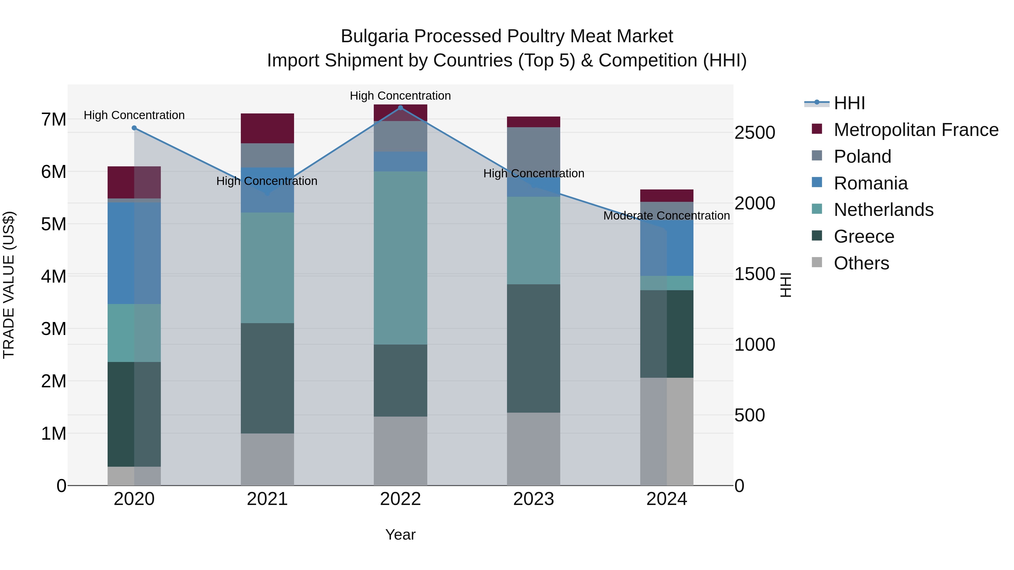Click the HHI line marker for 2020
(x=134, y=128)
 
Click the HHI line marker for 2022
(x=400, y=108)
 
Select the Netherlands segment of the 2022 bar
(x=400, y=258)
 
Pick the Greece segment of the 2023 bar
(x=533, y=348)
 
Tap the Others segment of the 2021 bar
(x=267, y=459)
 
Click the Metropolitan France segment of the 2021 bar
(x=267, y=128)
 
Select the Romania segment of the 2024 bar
(x=667, y=248)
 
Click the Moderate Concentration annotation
(x=666, y=216)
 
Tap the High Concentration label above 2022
(x=400, y=96)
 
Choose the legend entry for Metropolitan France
(x=916, y=130)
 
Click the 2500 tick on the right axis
(x=755, y=133)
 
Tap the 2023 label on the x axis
(x=533, y=499)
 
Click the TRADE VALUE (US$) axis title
(x=9, y=285)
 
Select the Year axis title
(x=400, y=535)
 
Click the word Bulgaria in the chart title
(x=374, y=36)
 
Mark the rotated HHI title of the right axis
(x=785, y=285)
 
